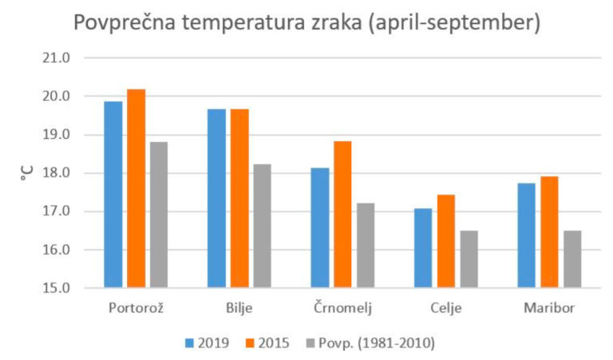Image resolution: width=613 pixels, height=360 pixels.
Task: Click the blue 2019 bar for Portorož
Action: [113, 194]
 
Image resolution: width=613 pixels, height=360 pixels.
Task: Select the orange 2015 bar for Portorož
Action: [136, 188]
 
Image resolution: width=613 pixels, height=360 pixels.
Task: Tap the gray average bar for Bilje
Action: [262, 226]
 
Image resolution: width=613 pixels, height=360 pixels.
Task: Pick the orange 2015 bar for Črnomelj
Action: [342, 214]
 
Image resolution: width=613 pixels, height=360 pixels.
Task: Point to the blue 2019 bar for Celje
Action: [422, 247]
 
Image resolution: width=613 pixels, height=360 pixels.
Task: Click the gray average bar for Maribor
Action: [571, 259]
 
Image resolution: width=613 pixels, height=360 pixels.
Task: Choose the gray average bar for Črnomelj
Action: [365, 245]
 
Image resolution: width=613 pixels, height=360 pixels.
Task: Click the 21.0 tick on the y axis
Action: [56, 58]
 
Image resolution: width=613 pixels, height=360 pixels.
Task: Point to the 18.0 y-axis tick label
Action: [56, 173]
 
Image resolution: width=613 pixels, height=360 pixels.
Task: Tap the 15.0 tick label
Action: [56, 288]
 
